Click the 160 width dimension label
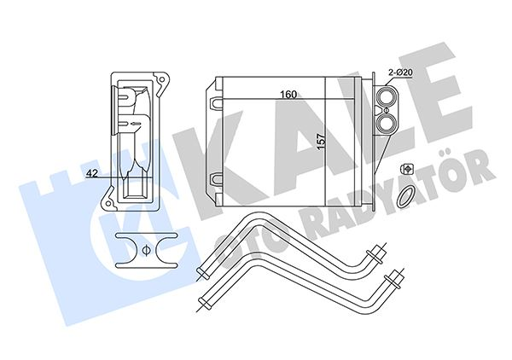coord(288,95)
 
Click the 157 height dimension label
coord(322,142)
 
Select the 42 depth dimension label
coord(92,174)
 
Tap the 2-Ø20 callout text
coord(400,73)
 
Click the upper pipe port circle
coord(386,96)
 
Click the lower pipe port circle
coord(386,123)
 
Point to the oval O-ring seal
coord(405,196)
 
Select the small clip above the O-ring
coord(406,169)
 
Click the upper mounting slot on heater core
coord(215,103)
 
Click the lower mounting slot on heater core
coord(215,179)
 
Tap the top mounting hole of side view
coord(161,79)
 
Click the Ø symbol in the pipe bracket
coord(146,251)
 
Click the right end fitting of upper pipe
coord(376,253)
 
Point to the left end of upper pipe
coord(201,273)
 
